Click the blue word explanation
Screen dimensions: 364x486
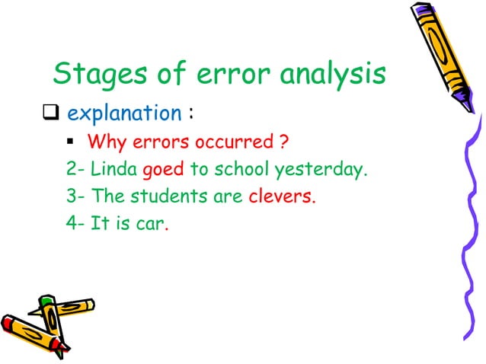124,114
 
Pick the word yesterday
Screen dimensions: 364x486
326,170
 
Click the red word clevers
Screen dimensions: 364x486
282,197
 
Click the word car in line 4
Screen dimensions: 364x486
152,225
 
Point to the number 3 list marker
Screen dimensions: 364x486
71,197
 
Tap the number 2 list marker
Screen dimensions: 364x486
71,170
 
